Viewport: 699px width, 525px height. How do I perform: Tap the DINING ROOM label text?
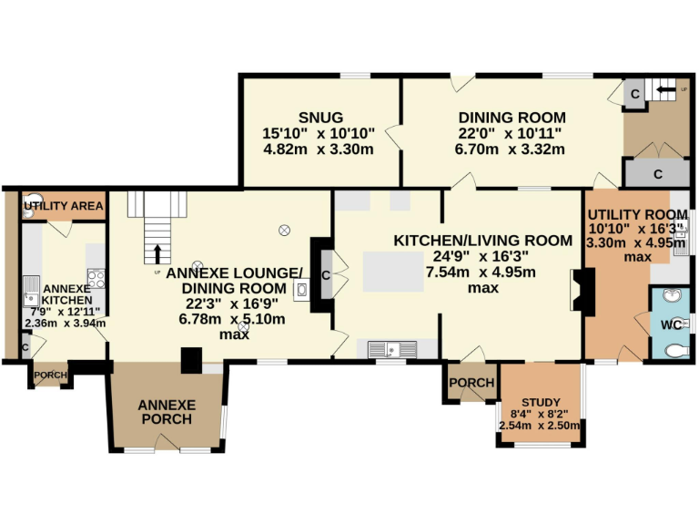(x=512, y=118)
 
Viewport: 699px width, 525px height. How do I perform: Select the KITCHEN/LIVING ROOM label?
(x=482, y=241)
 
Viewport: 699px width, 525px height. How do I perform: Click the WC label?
(x=671, y=325)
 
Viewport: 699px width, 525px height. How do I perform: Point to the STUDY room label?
(x=541, y=403)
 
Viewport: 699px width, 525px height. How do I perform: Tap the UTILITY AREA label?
(x=64, y=207)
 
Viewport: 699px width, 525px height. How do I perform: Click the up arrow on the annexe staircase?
(x=158, y=253)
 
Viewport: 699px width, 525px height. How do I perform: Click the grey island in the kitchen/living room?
(x=390, y=271)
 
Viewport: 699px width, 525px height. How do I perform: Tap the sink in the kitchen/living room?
(x=392, y=348)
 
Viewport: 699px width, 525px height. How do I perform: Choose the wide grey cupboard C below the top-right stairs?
(x=657, y=172)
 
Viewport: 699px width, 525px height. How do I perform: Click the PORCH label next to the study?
(x=471, y=383)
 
